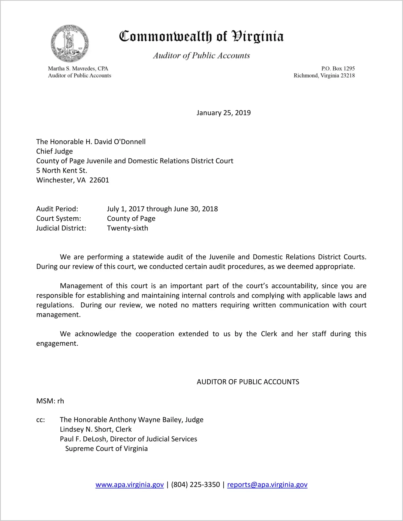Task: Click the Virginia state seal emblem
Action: pyautogui.click(x=70, y=43)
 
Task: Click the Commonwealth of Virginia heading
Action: pyautogui.click(x=201, y=36)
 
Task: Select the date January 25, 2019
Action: pyautogui.click(x=223, y=113)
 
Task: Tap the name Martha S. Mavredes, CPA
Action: pyautogui.click(x=78, y=69)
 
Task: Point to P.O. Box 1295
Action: pyautogui.click(x=338, y=69)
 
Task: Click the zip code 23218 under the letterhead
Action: pyautogui.click(x=347, y=76)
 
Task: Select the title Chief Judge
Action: pyautogui.click(x=54, y=151)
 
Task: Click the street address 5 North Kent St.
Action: pyautogui.click(x=62, y=171)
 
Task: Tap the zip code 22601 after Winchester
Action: pyautogui.click(x=99, y=180)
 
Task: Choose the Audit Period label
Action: pyautogui.click(x=57, y=209)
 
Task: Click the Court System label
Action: pyautogui.click(x=59, y=219)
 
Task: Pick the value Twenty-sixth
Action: pyautogui.click(x=128, y=228)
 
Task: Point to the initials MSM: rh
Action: pyautogui.click(x=50, y=401)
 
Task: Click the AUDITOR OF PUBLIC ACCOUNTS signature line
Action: pyautogui.click(x=248, y=382)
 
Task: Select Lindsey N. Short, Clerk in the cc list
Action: pyautogui.click(x=96, y=429)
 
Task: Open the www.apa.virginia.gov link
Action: pyautogui.click(x=129, y=485)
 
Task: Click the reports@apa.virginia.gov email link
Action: pyautogui.click(x=267, y=485)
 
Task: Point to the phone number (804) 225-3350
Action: pyautogui.click(x=195, y=485)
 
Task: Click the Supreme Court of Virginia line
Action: pyautogui.click(x=106, y=449)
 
